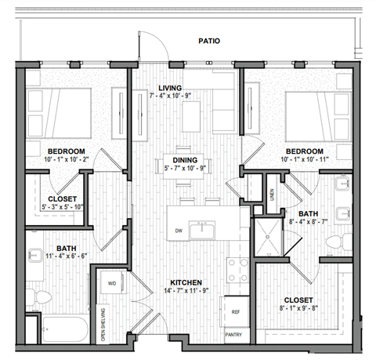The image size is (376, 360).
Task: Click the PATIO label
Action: click(x=208, y=40)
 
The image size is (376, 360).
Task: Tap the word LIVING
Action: click(x=170, y=88)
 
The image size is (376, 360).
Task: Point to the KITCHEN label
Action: click(x=187, y=282)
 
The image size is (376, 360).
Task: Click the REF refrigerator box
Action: click(x=235, y=311)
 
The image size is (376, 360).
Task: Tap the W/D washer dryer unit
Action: click(x=113, y=283)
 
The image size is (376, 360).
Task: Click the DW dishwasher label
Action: click(x=179, y=231)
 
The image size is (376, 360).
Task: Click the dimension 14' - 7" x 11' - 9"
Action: click(x=187, y=290)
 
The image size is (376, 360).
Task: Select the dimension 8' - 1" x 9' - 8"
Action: click(x=299, y=309)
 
